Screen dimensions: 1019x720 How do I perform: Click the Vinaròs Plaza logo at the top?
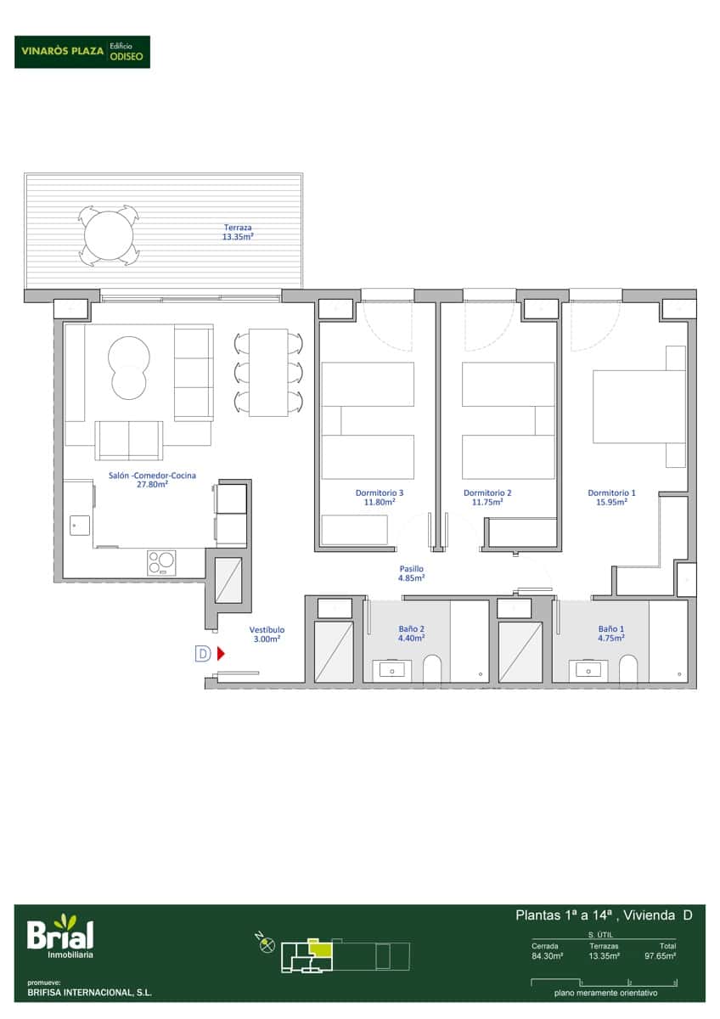click(x=82, y=51)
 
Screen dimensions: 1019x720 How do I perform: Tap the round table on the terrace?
click(x=108, y=235)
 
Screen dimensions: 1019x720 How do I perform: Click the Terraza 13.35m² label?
click(x=238, y=233)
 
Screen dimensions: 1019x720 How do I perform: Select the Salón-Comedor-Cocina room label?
click(x=152, y=480)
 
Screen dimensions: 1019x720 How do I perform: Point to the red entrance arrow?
click(x=220, y=653)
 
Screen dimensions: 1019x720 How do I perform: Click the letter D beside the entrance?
click(x=203, y=653)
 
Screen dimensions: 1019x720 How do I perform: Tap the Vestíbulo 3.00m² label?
click(x=267, y=634)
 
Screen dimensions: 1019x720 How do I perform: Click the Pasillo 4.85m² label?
click(x=412, y=573)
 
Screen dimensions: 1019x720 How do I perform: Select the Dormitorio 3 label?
click(x=380, y=497)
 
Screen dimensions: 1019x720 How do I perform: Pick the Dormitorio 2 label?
click(x=487, y=497)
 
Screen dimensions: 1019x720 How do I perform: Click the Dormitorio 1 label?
click(x=611, y=497)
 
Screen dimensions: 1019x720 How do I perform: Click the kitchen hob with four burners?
click(x=161, y=562)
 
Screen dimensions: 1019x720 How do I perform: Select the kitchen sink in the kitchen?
click(x=79, y=526)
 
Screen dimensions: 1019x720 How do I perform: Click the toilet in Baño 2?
click(x=431, y=669)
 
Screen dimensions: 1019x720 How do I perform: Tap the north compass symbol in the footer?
click(x=266, y=944)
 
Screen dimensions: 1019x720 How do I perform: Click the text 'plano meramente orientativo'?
click(x=605, y=993)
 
